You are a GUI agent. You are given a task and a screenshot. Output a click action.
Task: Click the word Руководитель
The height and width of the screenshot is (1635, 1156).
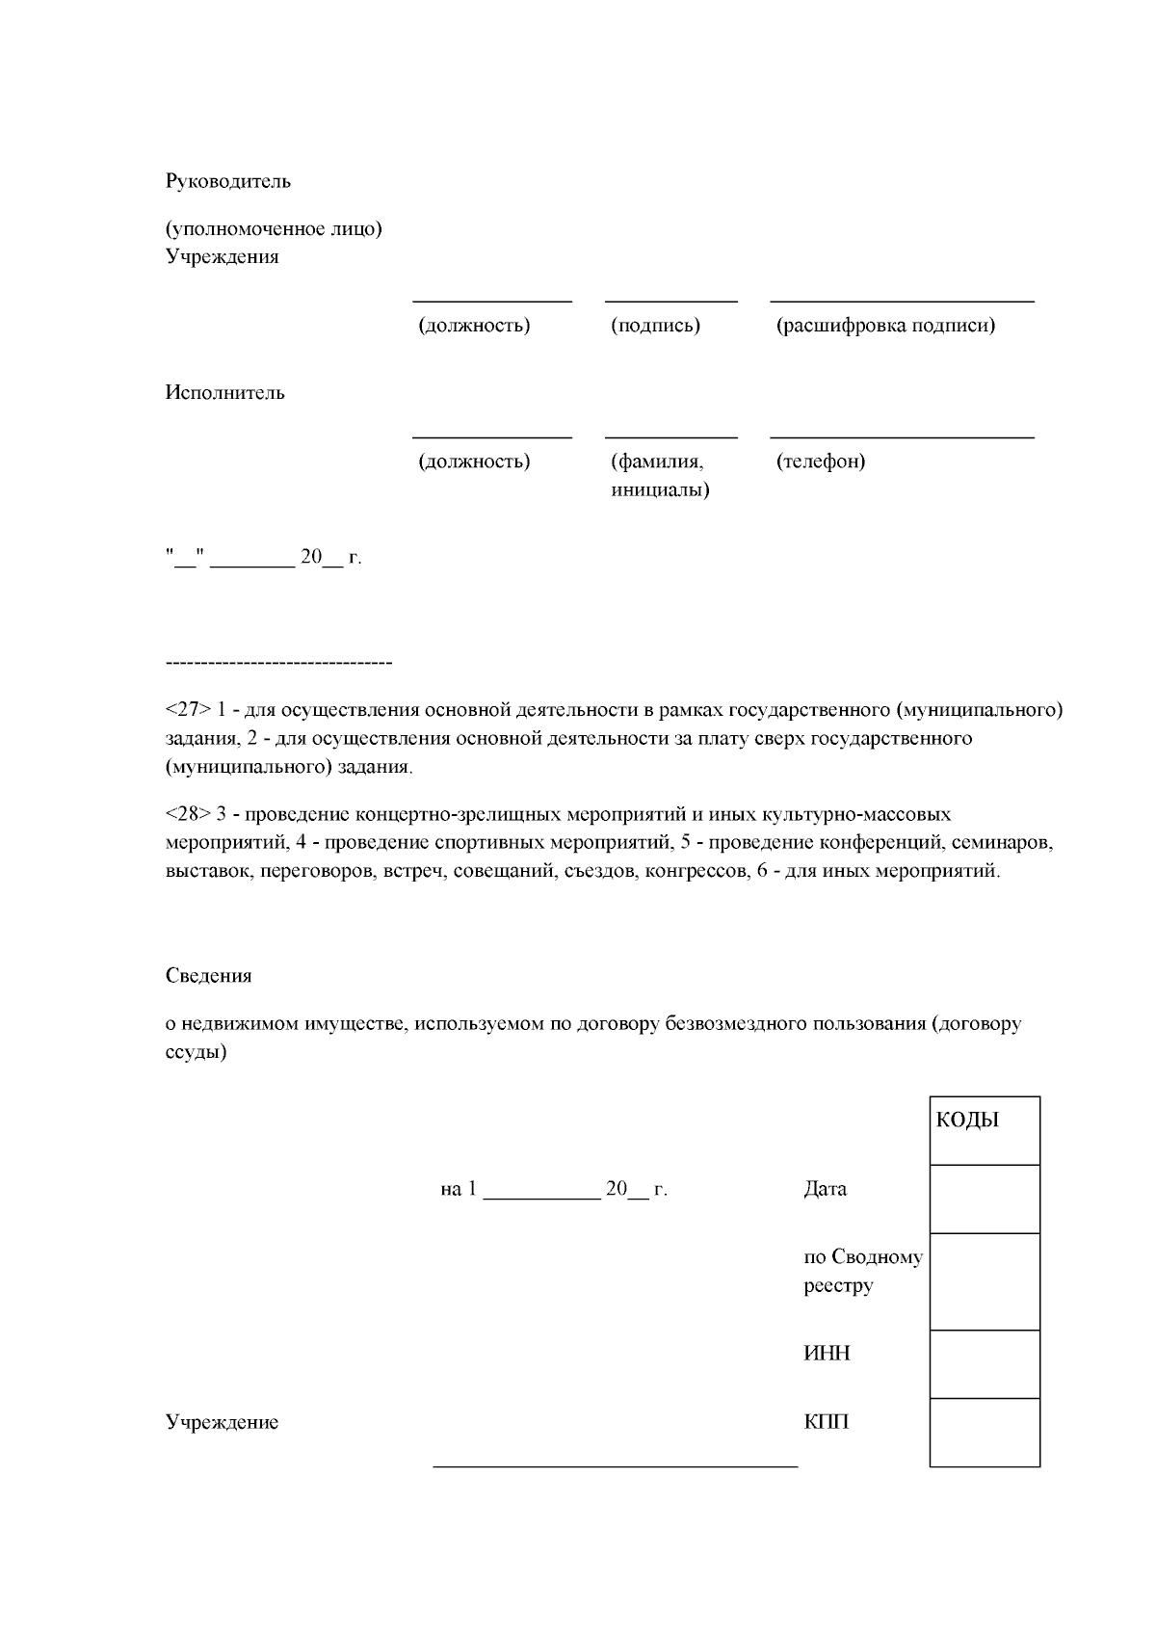click(227, 181)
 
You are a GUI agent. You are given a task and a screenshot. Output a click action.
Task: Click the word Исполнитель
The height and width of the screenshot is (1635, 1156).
click(224, 393)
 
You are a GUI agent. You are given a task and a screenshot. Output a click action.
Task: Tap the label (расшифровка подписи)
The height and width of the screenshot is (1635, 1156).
click(885, 326)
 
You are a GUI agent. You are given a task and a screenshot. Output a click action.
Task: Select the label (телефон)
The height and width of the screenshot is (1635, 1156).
click(820, 461)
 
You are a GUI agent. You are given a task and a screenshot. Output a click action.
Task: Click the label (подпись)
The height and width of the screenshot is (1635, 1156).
click(655, 326)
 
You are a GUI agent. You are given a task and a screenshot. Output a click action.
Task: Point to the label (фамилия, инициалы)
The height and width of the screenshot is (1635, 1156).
click(659, 476)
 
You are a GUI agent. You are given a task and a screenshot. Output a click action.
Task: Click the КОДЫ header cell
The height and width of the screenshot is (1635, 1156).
click(984, 1130)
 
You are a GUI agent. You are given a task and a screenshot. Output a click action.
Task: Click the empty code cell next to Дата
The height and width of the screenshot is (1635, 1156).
click(984, 1199)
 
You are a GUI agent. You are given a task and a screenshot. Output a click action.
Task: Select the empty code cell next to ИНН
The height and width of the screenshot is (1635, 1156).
click(984, 1363)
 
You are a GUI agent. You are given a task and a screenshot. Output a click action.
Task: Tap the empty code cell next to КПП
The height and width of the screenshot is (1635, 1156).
click(984, 1432)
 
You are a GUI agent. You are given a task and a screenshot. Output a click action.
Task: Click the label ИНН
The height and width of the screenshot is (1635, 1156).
click(827, 1354)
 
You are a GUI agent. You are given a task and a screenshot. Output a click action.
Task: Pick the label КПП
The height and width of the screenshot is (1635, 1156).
click(826, 1422)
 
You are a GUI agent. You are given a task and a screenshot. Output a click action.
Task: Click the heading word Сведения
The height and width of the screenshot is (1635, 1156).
click(208, 976)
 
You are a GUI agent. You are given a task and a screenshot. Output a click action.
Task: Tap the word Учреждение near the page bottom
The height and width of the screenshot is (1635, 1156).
click(222, 1422)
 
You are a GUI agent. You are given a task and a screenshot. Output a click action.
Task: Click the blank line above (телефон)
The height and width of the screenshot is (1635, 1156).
click(901, 437)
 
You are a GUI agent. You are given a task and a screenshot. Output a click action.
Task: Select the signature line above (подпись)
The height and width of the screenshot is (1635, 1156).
click(670, 302)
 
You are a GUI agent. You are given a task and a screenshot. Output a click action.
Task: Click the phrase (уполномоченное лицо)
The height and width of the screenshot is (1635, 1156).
click(274, 229)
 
